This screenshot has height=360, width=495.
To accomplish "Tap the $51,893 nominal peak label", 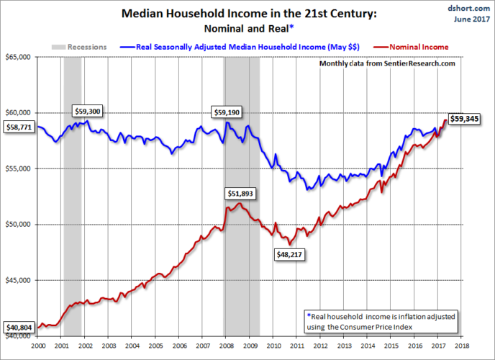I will point(240,194).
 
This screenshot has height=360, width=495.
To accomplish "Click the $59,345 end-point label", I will point(465,118).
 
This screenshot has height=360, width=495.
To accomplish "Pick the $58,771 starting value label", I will point(19,127).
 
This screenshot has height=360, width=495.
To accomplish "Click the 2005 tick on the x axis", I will point(155,346).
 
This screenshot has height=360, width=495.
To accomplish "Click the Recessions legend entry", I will point(78,46).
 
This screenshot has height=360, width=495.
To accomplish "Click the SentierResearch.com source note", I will point(387,63).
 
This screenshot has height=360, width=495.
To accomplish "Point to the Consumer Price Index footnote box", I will point(381,321).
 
